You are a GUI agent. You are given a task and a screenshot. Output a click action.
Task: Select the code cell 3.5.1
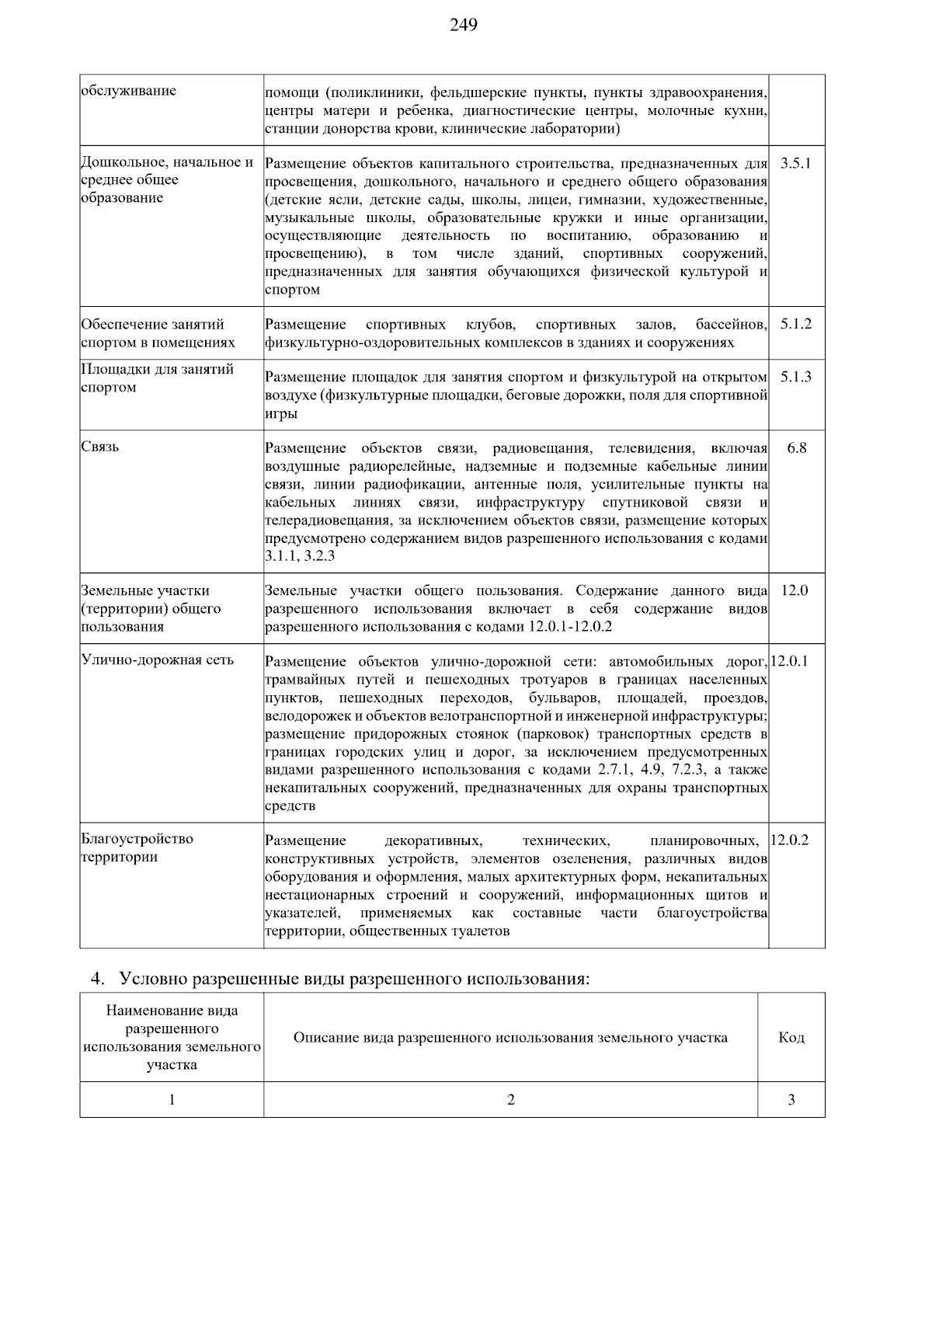click(x=795, y=164)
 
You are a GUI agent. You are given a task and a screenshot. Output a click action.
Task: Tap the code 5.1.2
click(x=795, y=325)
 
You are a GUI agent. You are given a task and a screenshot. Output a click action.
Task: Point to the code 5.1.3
click(x=795, y=378)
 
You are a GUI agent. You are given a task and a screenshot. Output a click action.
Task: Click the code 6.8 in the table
click(x=796, y=448)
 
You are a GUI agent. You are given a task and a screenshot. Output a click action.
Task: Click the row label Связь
click(x=100, y=447)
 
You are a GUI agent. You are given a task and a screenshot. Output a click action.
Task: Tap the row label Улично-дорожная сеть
click(x=158, y=660)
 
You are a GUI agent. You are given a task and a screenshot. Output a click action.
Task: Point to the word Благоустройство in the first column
click(x=137, y=839)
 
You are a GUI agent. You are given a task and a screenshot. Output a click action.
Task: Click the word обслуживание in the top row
click(x=129, y=91)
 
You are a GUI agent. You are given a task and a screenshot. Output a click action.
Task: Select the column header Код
click(x=791, y=1038)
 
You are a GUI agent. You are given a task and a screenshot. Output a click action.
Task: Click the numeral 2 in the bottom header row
click(x=510, y=1100)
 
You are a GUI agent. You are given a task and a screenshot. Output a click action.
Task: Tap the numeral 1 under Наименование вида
click(x=172, y=1100)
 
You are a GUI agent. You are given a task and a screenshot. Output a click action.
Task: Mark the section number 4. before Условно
click(x=96, y=979)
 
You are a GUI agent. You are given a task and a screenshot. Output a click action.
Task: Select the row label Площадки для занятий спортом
click(x=158, y=378)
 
